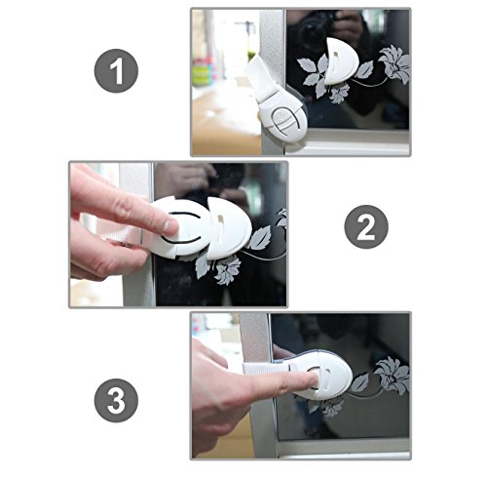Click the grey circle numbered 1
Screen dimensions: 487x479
tap(116, 71)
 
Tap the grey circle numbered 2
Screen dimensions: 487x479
tap(366, 227)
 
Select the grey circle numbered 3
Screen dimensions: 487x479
tap(116, 401)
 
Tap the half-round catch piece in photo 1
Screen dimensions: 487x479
tap(341, 61)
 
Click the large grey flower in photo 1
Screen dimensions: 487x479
tap(394, 64)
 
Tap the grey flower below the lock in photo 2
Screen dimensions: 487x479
tap(228, 269)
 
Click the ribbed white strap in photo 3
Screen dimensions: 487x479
tap(266, 370)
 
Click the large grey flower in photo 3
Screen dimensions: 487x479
tap(392, 376)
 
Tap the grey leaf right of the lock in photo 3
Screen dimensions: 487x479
tap(359, 382)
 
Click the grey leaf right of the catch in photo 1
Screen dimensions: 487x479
tap(365, 69)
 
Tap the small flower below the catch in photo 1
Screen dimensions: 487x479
tap(339, 93)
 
